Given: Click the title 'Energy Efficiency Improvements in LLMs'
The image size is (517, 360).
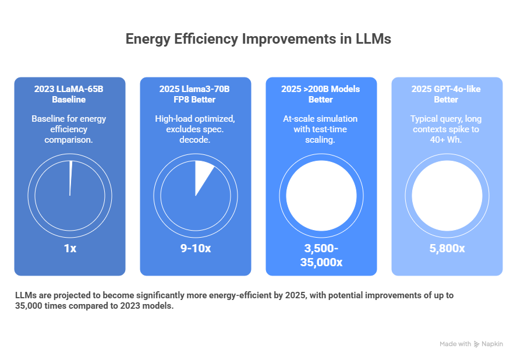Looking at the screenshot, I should pos(258,40).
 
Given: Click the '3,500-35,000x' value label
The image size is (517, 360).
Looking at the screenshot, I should pos(321,255).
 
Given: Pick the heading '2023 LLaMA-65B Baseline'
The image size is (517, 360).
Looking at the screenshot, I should pos(70,94).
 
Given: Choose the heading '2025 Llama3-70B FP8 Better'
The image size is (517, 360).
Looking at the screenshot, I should pos(195,94).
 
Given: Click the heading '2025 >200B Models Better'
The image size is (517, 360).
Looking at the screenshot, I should pos(321,94).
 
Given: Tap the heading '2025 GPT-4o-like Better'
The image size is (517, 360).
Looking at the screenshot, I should pos(447,94).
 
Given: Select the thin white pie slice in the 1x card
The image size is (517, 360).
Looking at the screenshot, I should pos(70,175).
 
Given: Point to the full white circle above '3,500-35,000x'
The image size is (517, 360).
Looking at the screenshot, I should pos(321,196).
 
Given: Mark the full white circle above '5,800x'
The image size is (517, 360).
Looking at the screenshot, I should pos(447,196).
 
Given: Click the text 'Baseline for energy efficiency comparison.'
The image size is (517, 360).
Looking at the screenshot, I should pos(70,130).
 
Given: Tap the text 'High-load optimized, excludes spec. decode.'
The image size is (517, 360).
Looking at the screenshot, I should pos(195,130).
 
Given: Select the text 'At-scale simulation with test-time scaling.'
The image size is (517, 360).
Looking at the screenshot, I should pos(321,130).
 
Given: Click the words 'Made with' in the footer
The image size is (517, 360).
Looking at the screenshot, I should pos(455,344).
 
